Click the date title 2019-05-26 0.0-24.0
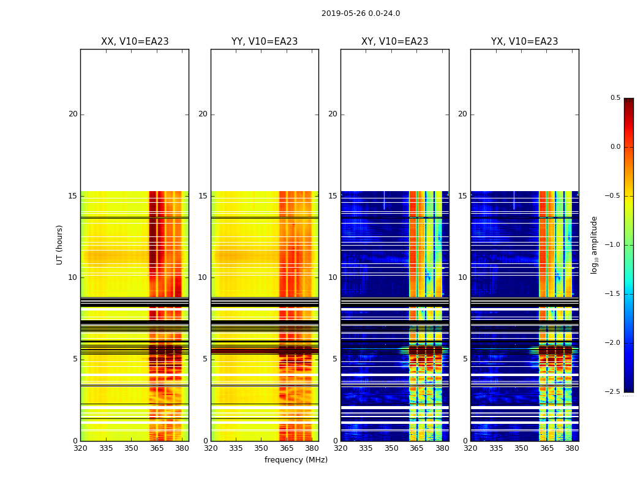pos(361,13)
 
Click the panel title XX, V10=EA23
pos(135,42)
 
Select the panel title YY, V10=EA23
pos(265,42)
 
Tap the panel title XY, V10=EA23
pos(394,42)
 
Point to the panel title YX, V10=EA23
pos(524,42)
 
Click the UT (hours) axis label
pos(59,244)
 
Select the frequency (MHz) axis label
pos(296,460)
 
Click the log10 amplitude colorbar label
pos(594,244)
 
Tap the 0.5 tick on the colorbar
pos(615,98)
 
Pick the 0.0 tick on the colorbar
pos(615,147)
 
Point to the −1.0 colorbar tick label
pos(613,245)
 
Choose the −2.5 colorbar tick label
pos(613,392)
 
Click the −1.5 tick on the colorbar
pos(613,294)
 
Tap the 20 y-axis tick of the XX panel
pos(73,114)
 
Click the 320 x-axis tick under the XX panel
pos(80,448)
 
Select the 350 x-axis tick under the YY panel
pos(261,448)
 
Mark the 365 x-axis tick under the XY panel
pos(417,448)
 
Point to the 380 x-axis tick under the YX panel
pos(572,448)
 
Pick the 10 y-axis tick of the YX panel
pos(462,277)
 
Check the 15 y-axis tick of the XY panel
pos(333,196)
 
